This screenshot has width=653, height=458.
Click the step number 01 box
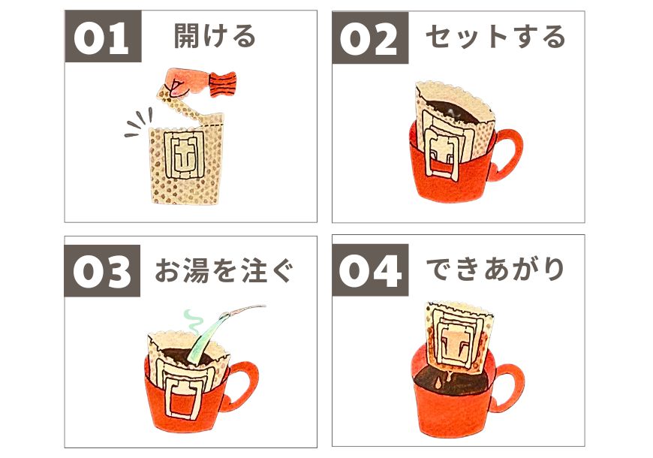pos(104,36)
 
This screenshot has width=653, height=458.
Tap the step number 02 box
pos(370,38)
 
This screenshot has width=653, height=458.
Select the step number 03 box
pos(102,270)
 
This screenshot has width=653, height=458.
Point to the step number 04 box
pos(370,270)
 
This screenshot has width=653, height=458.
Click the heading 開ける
pos(215,36)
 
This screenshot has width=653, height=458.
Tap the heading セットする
pos(495,37)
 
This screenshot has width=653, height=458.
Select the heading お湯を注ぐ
pos(224,270)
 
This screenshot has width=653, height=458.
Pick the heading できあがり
pos(495,270)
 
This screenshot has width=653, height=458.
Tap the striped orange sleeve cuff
pos(223,83)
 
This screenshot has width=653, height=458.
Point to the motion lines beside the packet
pos(139,122)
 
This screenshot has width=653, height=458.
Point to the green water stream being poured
pos(207,337)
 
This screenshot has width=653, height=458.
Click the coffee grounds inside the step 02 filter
pos(455,112)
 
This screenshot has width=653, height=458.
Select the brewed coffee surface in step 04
pos(454,382)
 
